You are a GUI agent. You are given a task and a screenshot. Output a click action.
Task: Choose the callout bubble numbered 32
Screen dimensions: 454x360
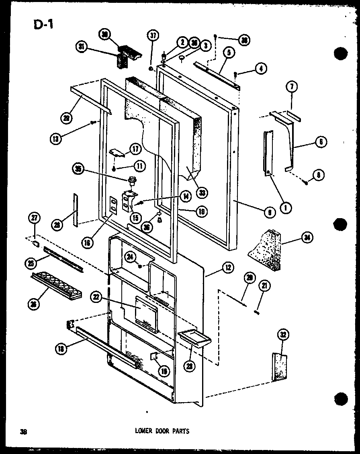[284, 335]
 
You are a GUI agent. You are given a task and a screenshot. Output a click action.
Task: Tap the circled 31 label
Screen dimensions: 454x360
[82, 47]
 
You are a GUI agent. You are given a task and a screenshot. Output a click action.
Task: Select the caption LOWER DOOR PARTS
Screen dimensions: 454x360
[163, 431]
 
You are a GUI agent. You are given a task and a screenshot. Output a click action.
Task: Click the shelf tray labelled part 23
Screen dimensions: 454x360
[194, 337]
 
